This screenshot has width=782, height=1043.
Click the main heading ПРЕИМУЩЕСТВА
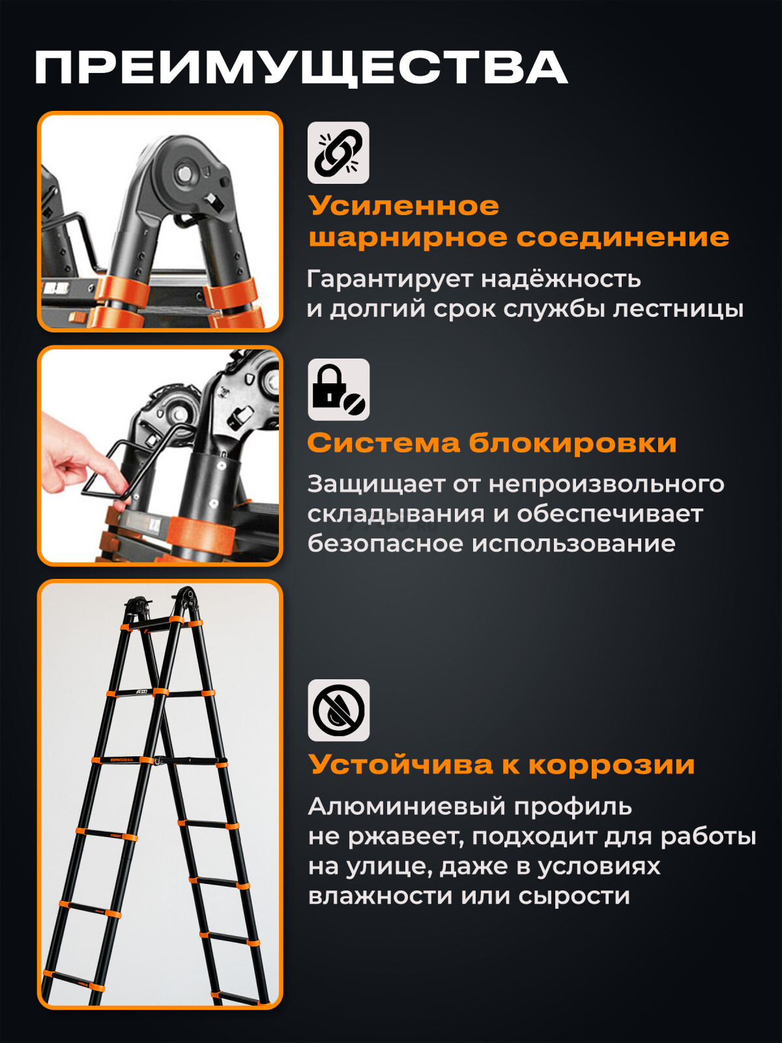click(x=300, y=67)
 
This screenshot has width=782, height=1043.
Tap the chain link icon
click(x=338, y=153)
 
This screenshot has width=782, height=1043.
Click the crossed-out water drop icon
click(x=338, y=710)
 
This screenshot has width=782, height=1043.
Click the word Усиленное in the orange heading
click(x=403, y=206)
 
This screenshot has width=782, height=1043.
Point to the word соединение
click(x=622, y=237)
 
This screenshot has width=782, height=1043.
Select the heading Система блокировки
click(x=491, y=443)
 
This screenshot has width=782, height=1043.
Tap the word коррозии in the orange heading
click(x=611, y=765)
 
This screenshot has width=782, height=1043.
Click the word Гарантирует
click(x=389, y=279)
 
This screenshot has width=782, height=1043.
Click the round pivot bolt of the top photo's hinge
click(x=182, y=174)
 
